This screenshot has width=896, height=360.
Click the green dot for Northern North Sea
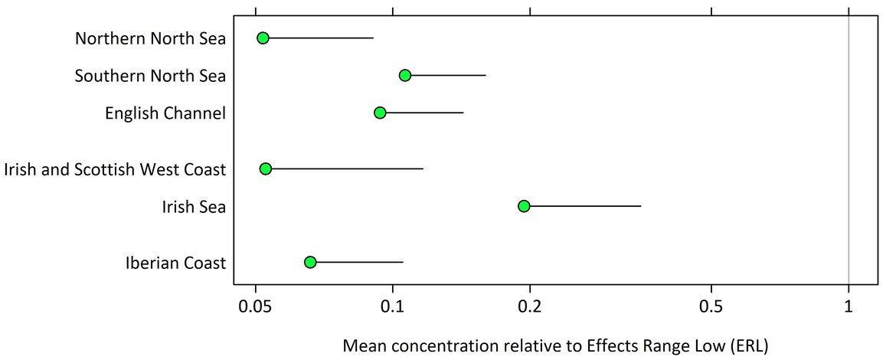(263, 38)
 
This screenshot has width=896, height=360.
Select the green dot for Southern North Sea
(405, 75)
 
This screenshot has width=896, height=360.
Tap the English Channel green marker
(380, 113)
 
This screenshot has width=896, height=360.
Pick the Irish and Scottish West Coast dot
(266, 169)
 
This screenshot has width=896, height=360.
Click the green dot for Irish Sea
(524, 206)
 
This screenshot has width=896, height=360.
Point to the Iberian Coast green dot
(310, 262)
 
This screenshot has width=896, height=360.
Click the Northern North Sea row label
(150, 38)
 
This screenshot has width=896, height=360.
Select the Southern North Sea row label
(150, 76)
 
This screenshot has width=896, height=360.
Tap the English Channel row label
(165, 113)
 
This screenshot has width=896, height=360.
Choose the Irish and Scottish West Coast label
(115, 169)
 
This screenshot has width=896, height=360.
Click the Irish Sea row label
(194, 207)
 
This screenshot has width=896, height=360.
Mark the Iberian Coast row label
(175, 263)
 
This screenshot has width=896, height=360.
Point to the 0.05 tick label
(255, 307)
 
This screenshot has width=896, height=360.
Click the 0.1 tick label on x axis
(393, 307)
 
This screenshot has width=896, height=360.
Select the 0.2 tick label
(529, 307)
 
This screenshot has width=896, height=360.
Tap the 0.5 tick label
(711, 307)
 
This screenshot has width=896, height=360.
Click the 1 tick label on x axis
(849, 307)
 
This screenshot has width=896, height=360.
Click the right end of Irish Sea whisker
(640, 206)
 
